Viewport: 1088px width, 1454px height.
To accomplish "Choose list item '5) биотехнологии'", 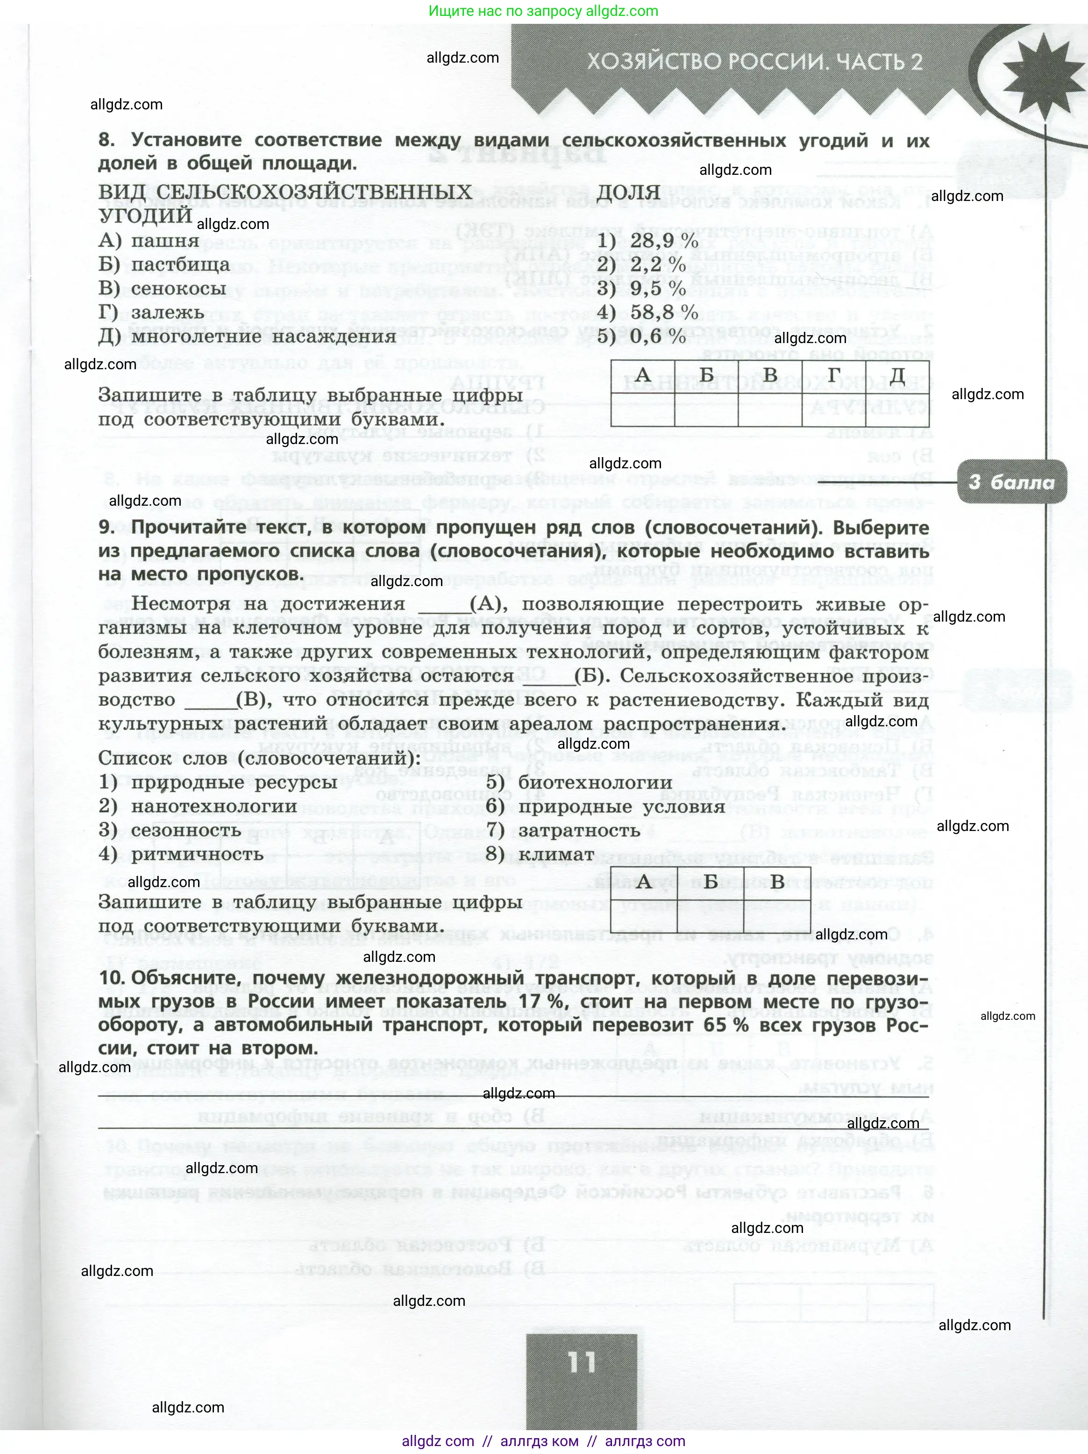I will [x=579, y=783].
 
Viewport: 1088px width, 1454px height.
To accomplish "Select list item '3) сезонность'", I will [x=170, y=830].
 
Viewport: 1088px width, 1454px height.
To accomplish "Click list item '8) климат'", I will [x=540, y=854].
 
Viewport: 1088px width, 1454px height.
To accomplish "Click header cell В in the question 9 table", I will [x=777, y=881].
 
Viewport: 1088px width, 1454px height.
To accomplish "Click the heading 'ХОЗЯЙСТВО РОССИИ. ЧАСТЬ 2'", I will [x=754, y=62].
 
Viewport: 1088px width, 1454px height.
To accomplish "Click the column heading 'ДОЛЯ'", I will [x=629, y=193].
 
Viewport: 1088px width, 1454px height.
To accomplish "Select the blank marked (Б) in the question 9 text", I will [x=556, y=676].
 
